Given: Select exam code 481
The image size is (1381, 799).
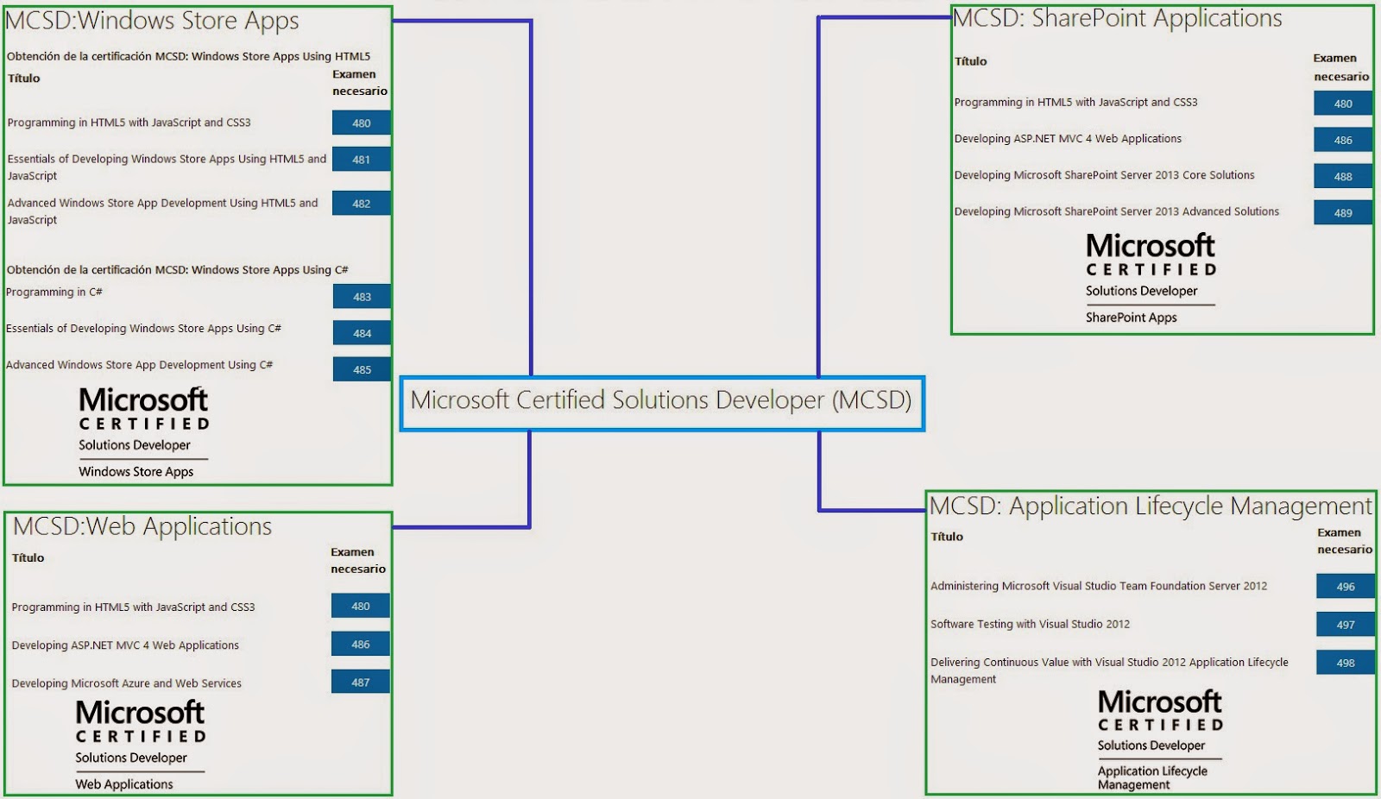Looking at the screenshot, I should [x=361, y=160].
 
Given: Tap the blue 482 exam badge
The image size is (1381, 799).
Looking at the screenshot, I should [x=361, y=204].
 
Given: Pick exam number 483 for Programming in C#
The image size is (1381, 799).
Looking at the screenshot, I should [x=362, y=297].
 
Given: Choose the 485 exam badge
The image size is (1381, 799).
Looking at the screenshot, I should [x=362, y=369].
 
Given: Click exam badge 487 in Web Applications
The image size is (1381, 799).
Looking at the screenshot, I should [x=360, y=682].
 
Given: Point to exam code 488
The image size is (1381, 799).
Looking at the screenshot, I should [x=1342, y=176].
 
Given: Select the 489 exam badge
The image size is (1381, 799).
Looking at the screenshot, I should [x=1342, y=212].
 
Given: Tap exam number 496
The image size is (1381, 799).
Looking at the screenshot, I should [x=1345, y=587].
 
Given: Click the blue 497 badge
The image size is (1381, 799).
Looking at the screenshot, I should [x=1345, y=625].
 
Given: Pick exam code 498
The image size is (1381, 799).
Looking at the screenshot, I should [x=1345, y=663].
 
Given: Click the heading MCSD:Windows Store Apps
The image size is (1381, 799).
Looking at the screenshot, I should [x=152, y=21].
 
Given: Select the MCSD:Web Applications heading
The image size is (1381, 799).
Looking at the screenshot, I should [x=142, y=526].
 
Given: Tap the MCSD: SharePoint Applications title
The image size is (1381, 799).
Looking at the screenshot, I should [x=1117, y=19].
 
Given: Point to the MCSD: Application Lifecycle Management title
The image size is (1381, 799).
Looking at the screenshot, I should [x=1150, y=506].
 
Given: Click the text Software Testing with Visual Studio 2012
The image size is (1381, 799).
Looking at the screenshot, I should [x=1030, y=624].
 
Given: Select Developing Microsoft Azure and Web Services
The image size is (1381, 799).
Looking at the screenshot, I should [x=126, y=683].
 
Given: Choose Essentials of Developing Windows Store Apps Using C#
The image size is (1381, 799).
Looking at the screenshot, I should [x=143, y=329].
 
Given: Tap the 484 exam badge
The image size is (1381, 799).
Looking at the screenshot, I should [x=362, y=333].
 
